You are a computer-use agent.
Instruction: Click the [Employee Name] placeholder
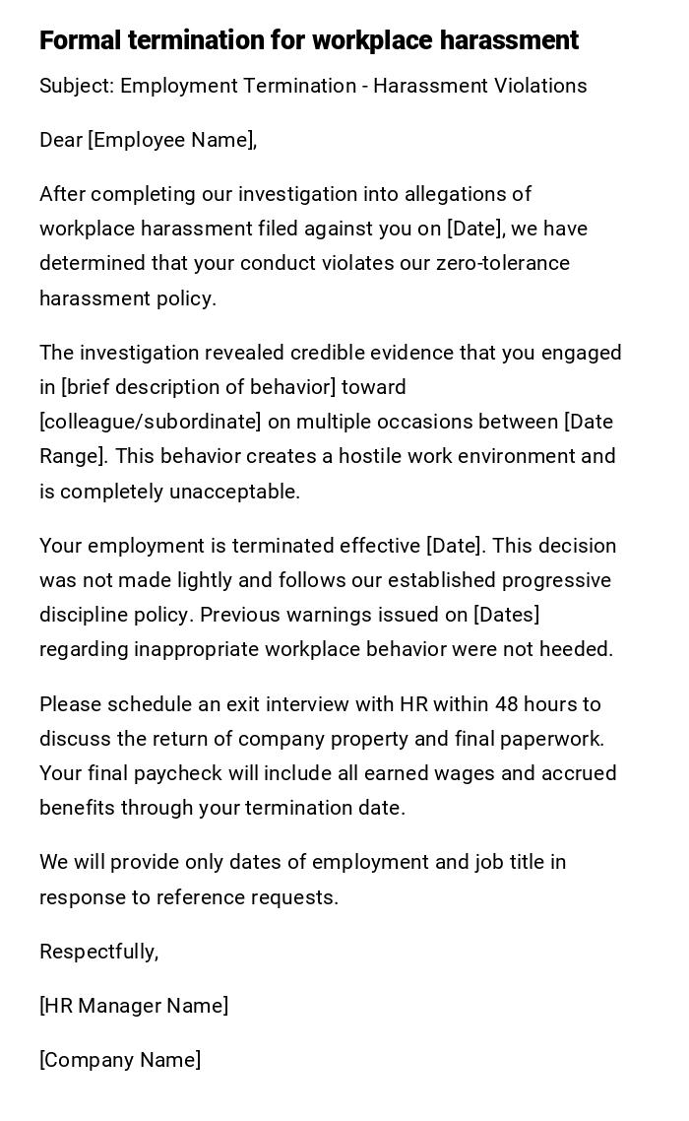(172, 140)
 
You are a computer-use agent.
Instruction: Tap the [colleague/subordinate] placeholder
(151, 422)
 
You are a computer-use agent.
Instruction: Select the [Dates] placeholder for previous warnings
(506, 615)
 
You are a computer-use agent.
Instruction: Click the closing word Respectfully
(98, 952)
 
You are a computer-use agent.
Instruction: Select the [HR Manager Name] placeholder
(134, 1006)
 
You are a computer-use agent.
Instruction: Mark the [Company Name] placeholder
(120, 1060)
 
